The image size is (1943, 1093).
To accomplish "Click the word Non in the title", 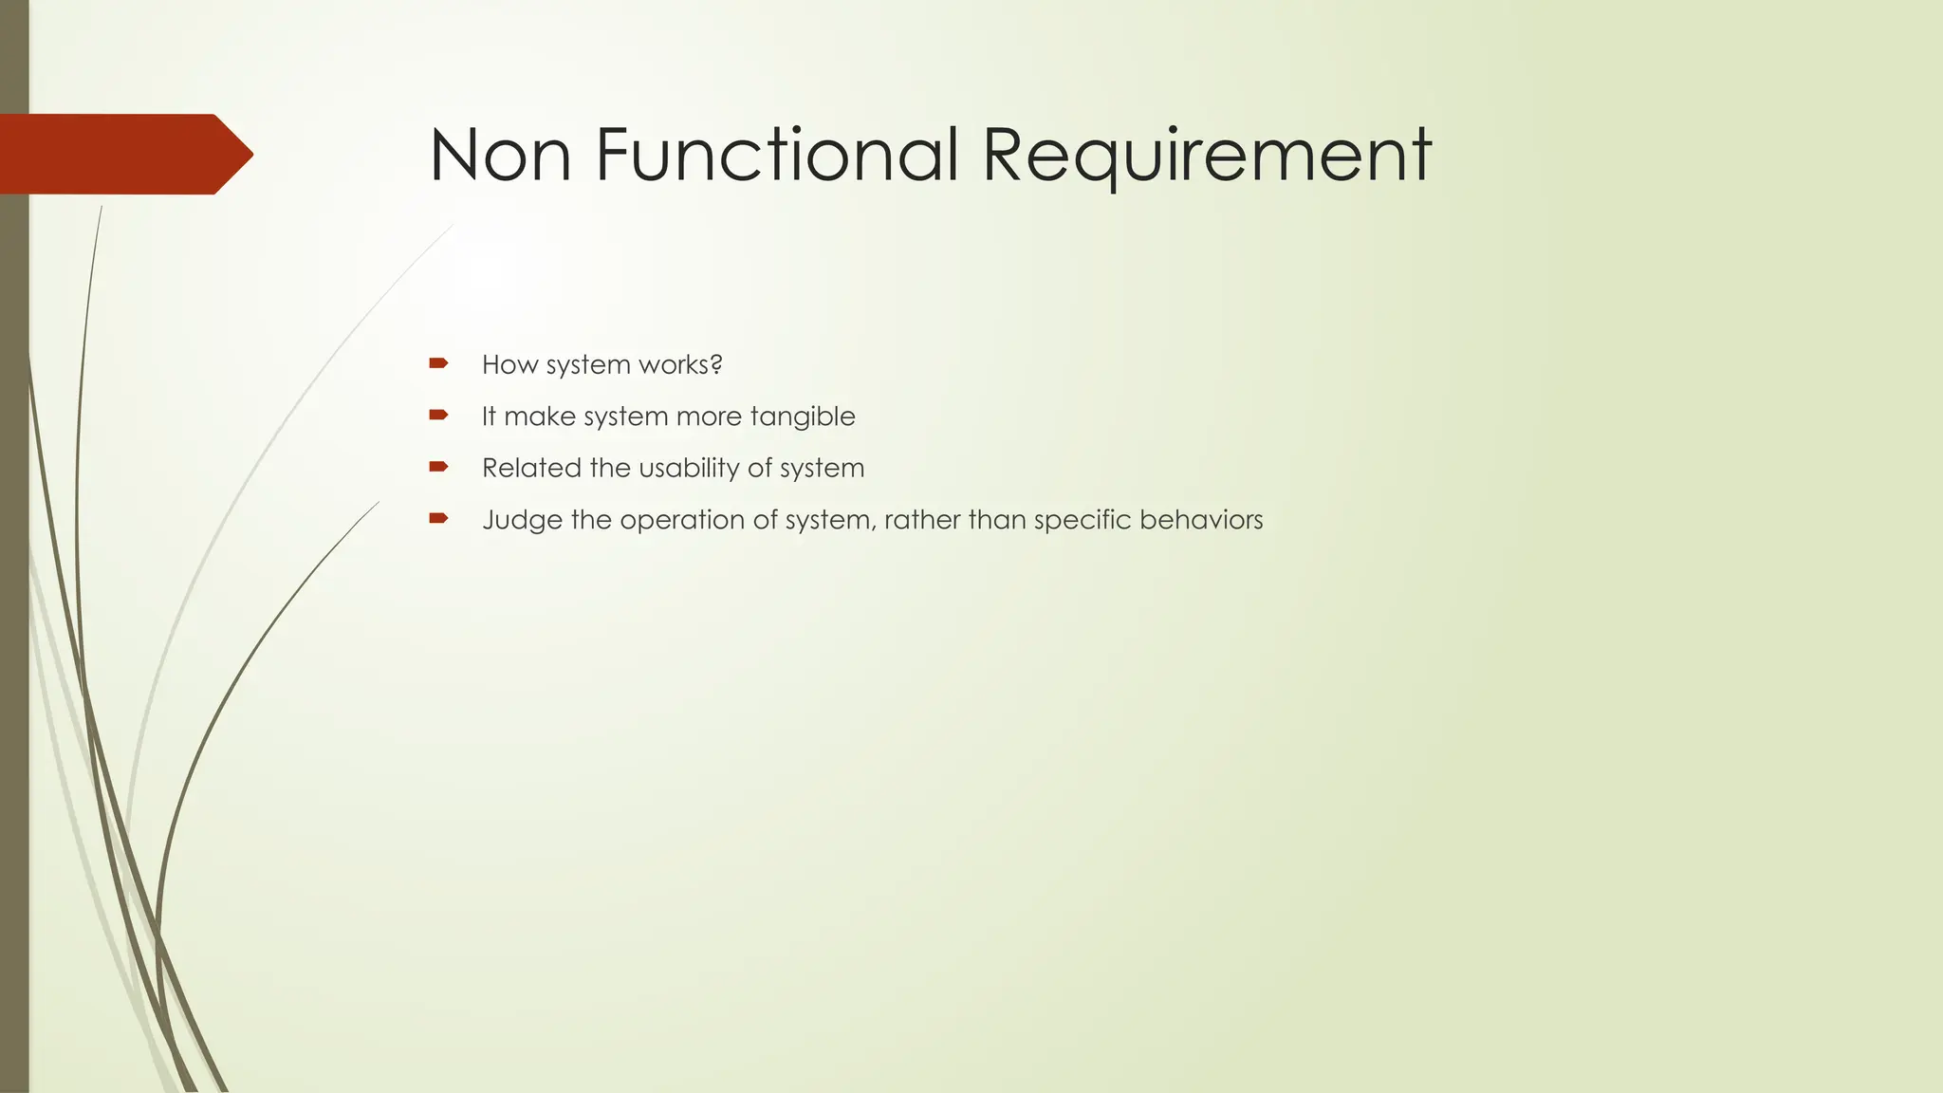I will (500, 155).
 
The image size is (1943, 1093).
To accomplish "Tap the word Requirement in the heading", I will (1206, 157).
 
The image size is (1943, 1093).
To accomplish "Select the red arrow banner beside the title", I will (123, 154).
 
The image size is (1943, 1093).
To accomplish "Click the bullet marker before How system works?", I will (437, 363).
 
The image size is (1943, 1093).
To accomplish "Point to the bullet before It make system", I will (437, 415).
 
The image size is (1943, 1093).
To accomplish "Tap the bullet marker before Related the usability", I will (437, 467).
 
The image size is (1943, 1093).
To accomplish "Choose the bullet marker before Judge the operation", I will (437, 518).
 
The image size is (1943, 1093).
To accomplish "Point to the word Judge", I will (522, 521).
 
